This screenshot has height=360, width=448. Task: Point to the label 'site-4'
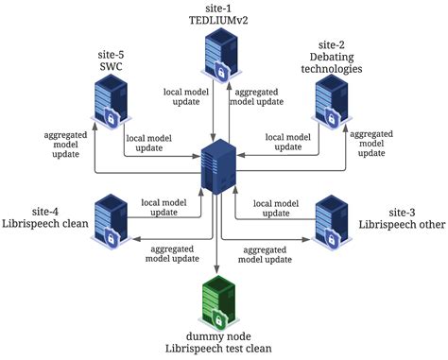40,210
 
